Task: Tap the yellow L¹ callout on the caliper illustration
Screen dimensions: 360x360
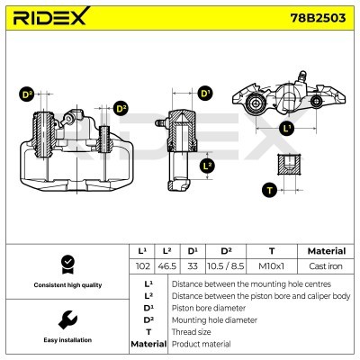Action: [x=287, y=129]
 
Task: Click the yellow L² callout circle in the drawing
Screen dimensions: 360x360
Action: [x=207, y=166]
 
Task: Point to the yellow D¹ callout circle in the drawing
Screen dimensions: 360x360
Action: [x=205, y=94]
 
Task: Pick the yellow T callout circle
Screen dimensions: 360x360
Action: [x=267, y=189]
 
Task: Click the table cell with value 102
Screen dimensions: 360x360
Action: [x=142, y=266]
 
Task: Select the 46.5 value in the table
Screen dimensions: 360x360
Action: [x=166, y=266]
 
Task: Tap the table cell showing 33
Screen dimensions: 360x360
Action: [x=192, y=266]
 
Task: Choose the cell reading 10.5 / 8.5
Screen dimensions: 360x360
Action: [x=226, y=266]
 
